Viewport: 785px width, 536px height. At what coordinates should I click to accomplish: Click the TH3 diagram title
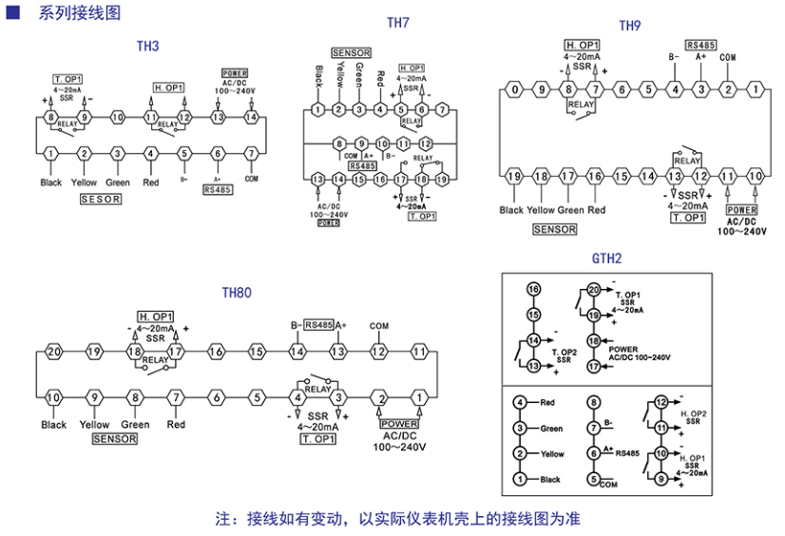tap(147, 47)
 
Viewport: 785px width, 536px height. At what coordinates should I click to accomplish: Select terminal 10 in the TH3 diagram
tap(118, 117)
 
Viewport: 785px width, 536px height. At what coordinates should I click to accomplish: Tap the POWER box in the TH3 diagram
tap(235, 73)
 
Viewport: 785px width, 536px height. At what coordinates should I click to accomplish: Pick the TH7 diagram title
tap(398, 22)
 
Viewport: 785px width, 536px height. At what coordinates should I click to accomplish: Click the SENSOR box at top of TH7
tap(351, 52)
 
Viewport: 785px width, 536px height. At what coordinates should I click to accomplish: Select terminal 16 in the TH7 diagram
tap(380, 179)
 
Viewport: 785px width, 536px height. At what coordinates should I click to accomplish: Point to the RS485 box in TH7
tap(362, 165)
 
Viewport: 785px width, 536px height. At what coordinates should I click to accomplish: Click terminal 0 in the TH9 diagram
tap(514, 90)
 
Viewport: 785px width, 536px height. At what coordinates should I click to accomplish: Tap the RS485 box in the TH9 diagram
tap(700, 46)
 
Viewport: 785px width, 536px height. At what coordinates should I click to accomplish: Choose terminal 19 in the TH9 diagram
tap(514, 177)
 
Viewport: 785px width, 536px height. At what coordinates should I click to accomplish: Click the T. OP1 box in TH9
tap(688, 218)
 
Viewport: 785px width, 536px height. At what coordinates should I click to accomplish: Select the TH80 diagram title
tap(237, 293)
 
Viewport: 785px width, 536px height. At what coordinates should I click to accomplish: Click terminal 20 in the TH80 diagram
tap(54, 352)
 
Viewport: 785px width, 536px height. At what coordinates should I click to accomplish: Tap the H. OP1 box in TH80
tap(156, 316)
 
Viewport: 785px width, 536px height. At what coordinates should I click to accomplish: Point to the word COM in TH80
tap(379, 326)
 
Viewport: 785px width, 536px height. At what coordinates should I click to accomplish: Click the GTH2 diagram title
tap(606, 258)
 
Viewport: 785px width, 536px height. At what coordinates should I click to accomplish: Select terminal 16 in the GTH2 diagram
tap(533, 290)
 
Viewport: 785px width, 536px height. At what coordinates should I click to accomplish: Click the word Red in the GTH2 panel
tap(548, 403)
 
